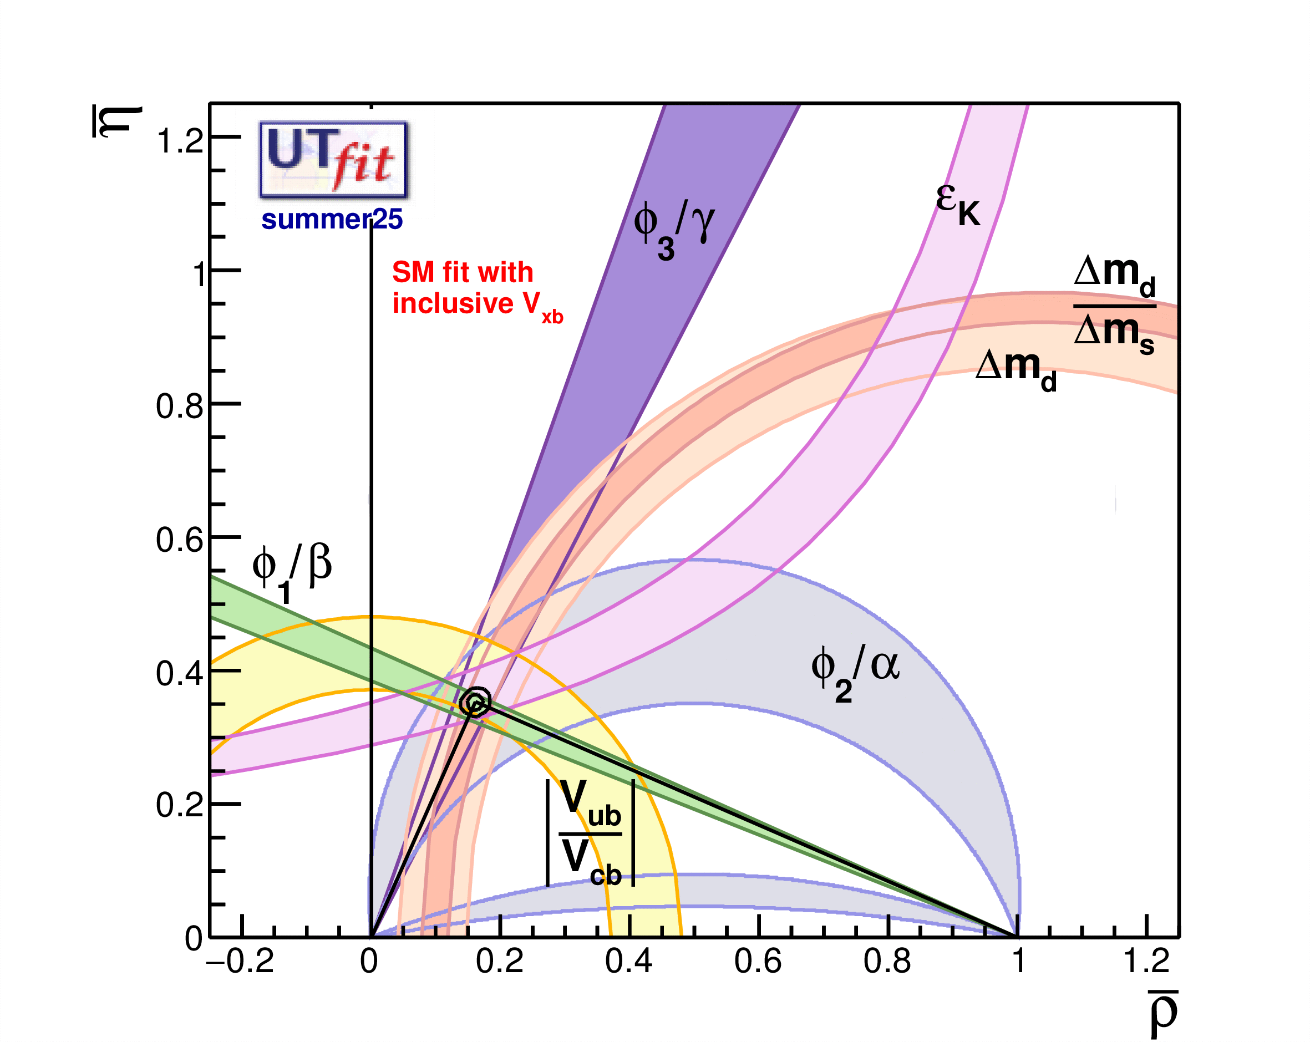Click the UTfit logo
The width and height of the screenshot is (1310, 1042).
click(x=333, y=160)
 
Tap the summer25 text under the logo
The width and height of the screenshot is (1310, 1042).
click(x=332, y=220)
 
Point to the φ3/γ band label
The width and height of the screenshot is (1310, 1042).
click(x=673, y=230)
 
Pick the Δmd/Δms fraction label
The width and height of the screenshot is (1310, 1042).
click(x=1114, y=306)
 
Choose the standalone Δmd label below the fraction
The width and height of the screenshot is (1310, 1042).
click(x=1015, y=369)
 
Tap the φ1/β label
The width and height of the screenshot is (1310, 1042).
click(x=292, y=571)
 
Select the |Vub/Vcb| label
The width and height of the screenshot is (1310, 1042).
click(x=590, y=832)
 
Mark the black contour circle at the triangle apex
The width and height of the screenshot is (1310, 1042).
click(x=475, y=703)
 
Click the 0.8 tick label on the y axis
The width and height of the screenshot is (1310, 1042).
click(x=179, y=405)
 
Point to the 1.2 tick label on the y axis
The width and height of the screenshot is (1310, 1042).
click(x=179, y=141)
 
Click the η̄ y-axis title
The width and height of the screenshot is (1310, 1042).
click(x=116, y=121)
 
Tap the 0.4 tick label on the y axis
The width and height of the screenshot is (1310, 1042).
click(x=179, y=673)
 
